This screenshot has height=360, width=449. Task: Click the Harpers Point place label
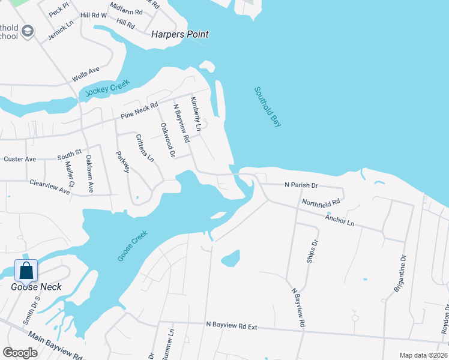point(180,34)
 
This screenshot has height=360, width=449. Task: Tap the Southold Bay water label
point(268,107)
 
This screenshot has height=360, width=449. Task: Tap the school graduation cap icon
point(26,31)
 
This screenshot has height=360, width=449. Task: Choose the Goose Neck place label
point(36,287)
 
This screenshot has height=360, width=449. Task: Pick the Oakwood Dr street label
point(167,140)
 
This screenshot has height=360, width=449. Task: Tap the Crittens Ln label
point(145,148)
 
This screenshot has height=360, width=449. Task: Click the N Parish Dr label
point(301,185)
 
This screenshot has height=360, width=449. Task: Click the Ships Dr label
point(312,251)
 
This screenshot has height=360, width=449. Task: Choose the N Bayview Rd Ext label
point(231,326)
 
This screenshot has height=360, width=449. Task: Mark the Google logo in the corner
point(19,352)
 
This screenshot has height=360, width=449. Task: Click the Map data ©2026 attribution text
point(423,355)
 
